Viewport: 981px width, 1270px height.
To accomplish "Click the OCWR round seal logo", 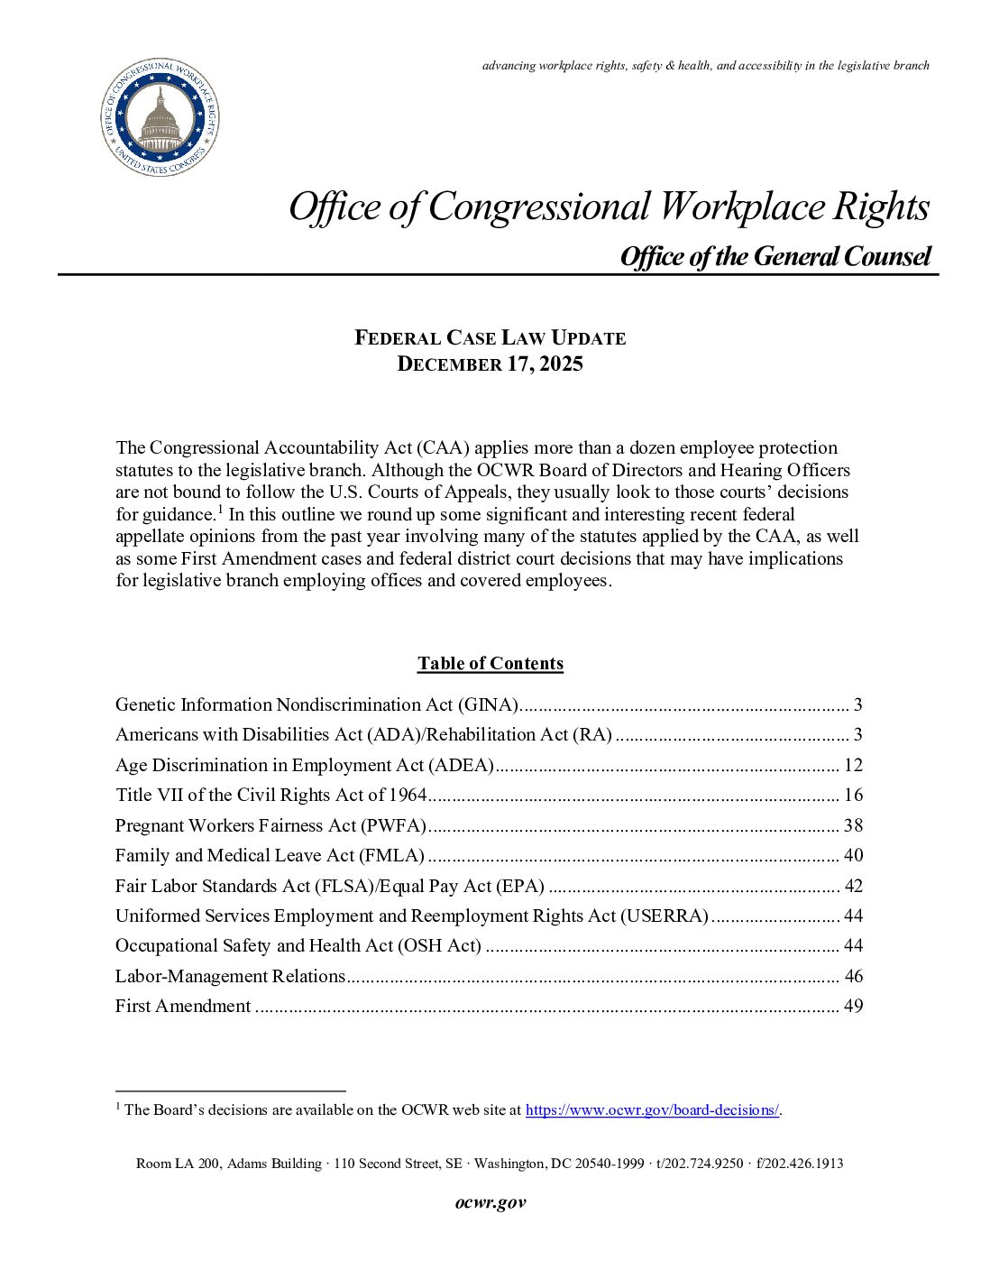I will coord(160,117).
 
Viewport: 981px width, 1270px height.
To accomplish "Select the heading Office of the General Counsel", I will coord(775,257).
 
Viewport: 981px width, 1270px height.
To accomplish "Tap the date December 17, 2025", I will coord(490,364).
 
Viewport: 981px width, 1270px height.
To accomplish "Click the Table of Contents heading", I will coord(490,664).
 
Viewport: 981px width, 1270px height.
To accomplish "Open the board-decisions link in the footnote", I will coord(652,1110).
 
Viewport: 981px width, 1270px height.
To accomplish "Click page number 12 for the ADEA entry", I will coord(853,766).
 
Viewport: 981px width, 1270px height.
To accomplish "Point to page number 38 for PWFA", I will coord(853,826).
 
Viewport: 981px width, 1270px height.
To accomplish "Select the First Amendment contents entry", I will coord(183,1007).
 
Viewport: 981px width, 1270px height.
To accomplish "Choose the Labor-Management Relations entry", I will coord(230,977).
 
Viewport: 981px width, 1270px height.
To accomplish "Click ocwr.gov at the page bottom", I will coord(490,1202).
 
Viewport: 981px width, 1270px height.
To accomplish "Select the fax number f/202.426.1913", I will coord(800,1164).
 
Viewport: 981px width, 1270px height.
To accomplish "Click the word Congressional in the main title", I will coord(538,207).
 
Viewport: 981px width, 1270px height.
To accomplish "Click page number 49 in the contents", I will coord(853,1007).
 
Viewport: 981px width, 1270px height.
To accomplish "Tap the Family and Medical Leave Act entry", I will coord(270,856).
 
